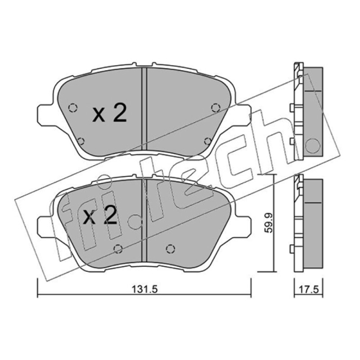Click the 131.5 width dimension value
(144, 289)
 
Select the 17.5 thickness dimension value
(309, 289)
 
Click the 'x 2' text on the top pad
(109, 113)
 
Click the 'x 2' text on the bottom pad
(100, 215)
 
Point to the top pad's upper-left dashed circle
(73, 108)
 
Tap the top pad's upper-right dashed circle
(216, 108)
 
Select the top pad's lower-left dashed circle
(81, 141)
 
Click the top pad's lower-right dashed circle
(208, 141)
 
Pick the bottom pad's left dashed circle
(118, 249)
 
